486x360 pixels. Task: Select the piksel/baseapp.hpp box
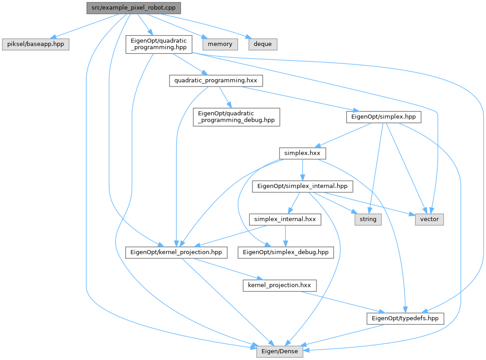click(x=36, y=44)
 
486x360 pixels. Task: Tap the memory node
click(x=220, y=44)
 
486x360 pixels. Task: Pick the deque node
click(x=262, y=44)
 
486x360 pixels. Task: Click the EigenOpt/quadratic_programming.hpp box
click(x=159, y=45)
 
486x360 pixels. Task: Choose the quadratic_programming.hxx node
click(x=215, y=81)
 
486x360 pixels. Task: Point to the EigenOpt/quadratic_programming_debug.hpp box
click(x=236, y=117)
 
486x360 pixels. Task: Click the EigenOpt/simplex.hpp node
click(x=384, y=117)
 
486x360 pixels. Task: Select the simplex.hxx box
click(x=302, y=154)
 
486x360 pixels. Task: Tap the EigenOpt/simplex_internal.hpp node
click(x=302, y=186)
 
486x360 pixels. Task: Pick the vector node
click(x=429, y=219)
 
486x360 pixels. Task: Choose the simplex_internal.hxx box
click(x=285, y=219)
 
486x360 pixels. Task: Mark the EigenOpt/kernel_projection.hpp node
click(x=176, y=252)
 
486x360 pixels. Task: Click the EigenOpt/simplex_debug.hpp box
click(x=286, y=252)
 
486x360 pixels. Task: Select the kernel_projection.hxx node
click(x=280, y=285)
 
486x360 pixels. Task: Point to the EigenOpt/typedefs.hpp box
click(x=405, y=319)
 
